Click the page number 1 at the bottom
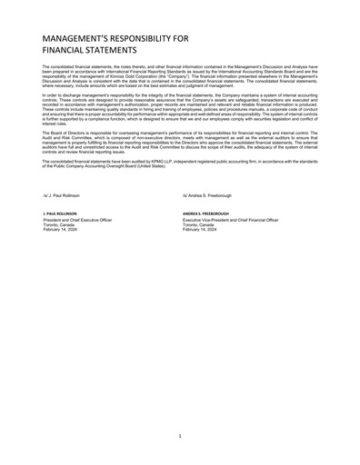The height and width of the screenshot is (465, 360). pos(180,437)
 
